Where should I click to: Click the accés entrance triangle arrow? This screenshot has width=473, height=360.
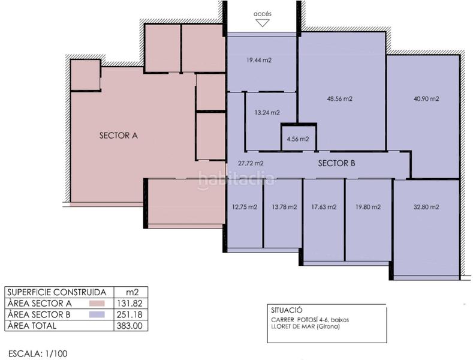(262, 23)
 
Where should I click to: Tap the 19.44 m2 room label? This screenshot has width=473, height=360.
(259, 60)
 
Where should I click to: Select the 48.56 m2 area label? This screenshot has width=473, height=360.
(340, 99)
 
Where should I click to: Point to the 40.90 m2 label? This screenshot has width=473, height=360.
(426, 99)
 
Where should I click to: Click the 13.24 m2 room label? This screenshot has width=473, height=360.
(267, 113)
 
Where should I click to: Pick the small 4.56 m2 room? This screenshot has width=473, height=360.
(299, 138)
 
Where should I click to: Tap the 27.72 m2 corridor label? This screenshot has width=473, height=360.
(251, 163)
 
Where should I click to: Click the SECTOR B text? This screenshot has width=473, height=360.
(336, 163)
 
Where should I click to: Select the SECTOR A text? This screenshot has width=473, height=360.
(119, 136)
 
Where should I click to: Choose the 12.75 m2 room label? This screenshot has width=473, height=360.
(245, 207)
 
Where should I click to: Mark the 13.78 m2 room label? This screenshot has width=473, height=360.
(284, 207)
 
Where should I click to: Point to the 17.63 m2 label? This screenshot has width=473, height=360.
(324, 207)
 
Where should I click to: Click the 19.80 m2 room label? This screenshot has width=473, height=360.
(368, 207)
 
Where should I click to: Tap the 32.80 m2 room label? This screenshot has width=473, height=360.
(426, 207)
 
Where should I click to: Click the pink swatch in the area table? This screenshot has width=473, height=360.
(97, 304)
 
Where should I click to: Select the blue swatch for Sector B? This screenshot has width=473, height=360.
(97, 314)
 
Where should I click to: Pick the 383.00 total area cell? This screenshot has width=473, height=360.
(131, 326)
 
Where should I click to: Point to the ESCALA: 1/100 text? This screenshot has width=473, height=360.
(38, 353)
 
